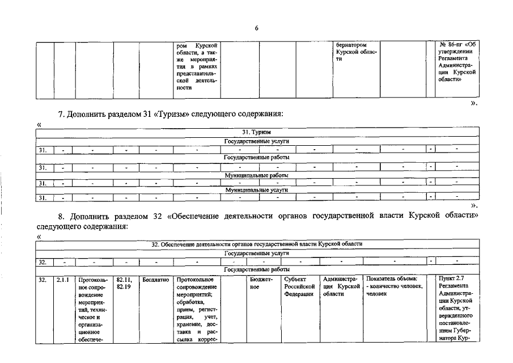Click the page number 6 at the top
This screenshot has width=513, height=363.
256,28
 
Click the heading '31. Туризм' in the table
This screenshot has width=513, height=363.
256,132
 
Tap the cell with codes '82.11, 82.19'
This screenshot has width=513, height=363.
124,283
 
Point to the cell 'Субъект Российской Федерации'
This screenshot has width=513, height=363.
299,286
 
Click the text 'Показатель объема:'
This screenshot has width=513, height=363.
392,279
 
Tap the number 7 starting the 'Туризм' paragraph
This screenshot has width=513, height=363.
61,115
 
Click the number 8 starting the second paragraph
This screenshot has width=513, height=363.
62,217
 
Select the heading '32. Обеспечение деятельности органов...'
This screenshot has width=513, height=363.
257,244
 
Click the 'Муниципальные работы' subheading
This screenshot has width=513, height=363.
256,175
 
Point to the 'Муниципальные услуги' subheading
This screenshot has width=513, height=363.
256,190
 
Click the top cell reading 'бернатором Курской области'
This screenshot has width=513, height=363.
355,52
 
